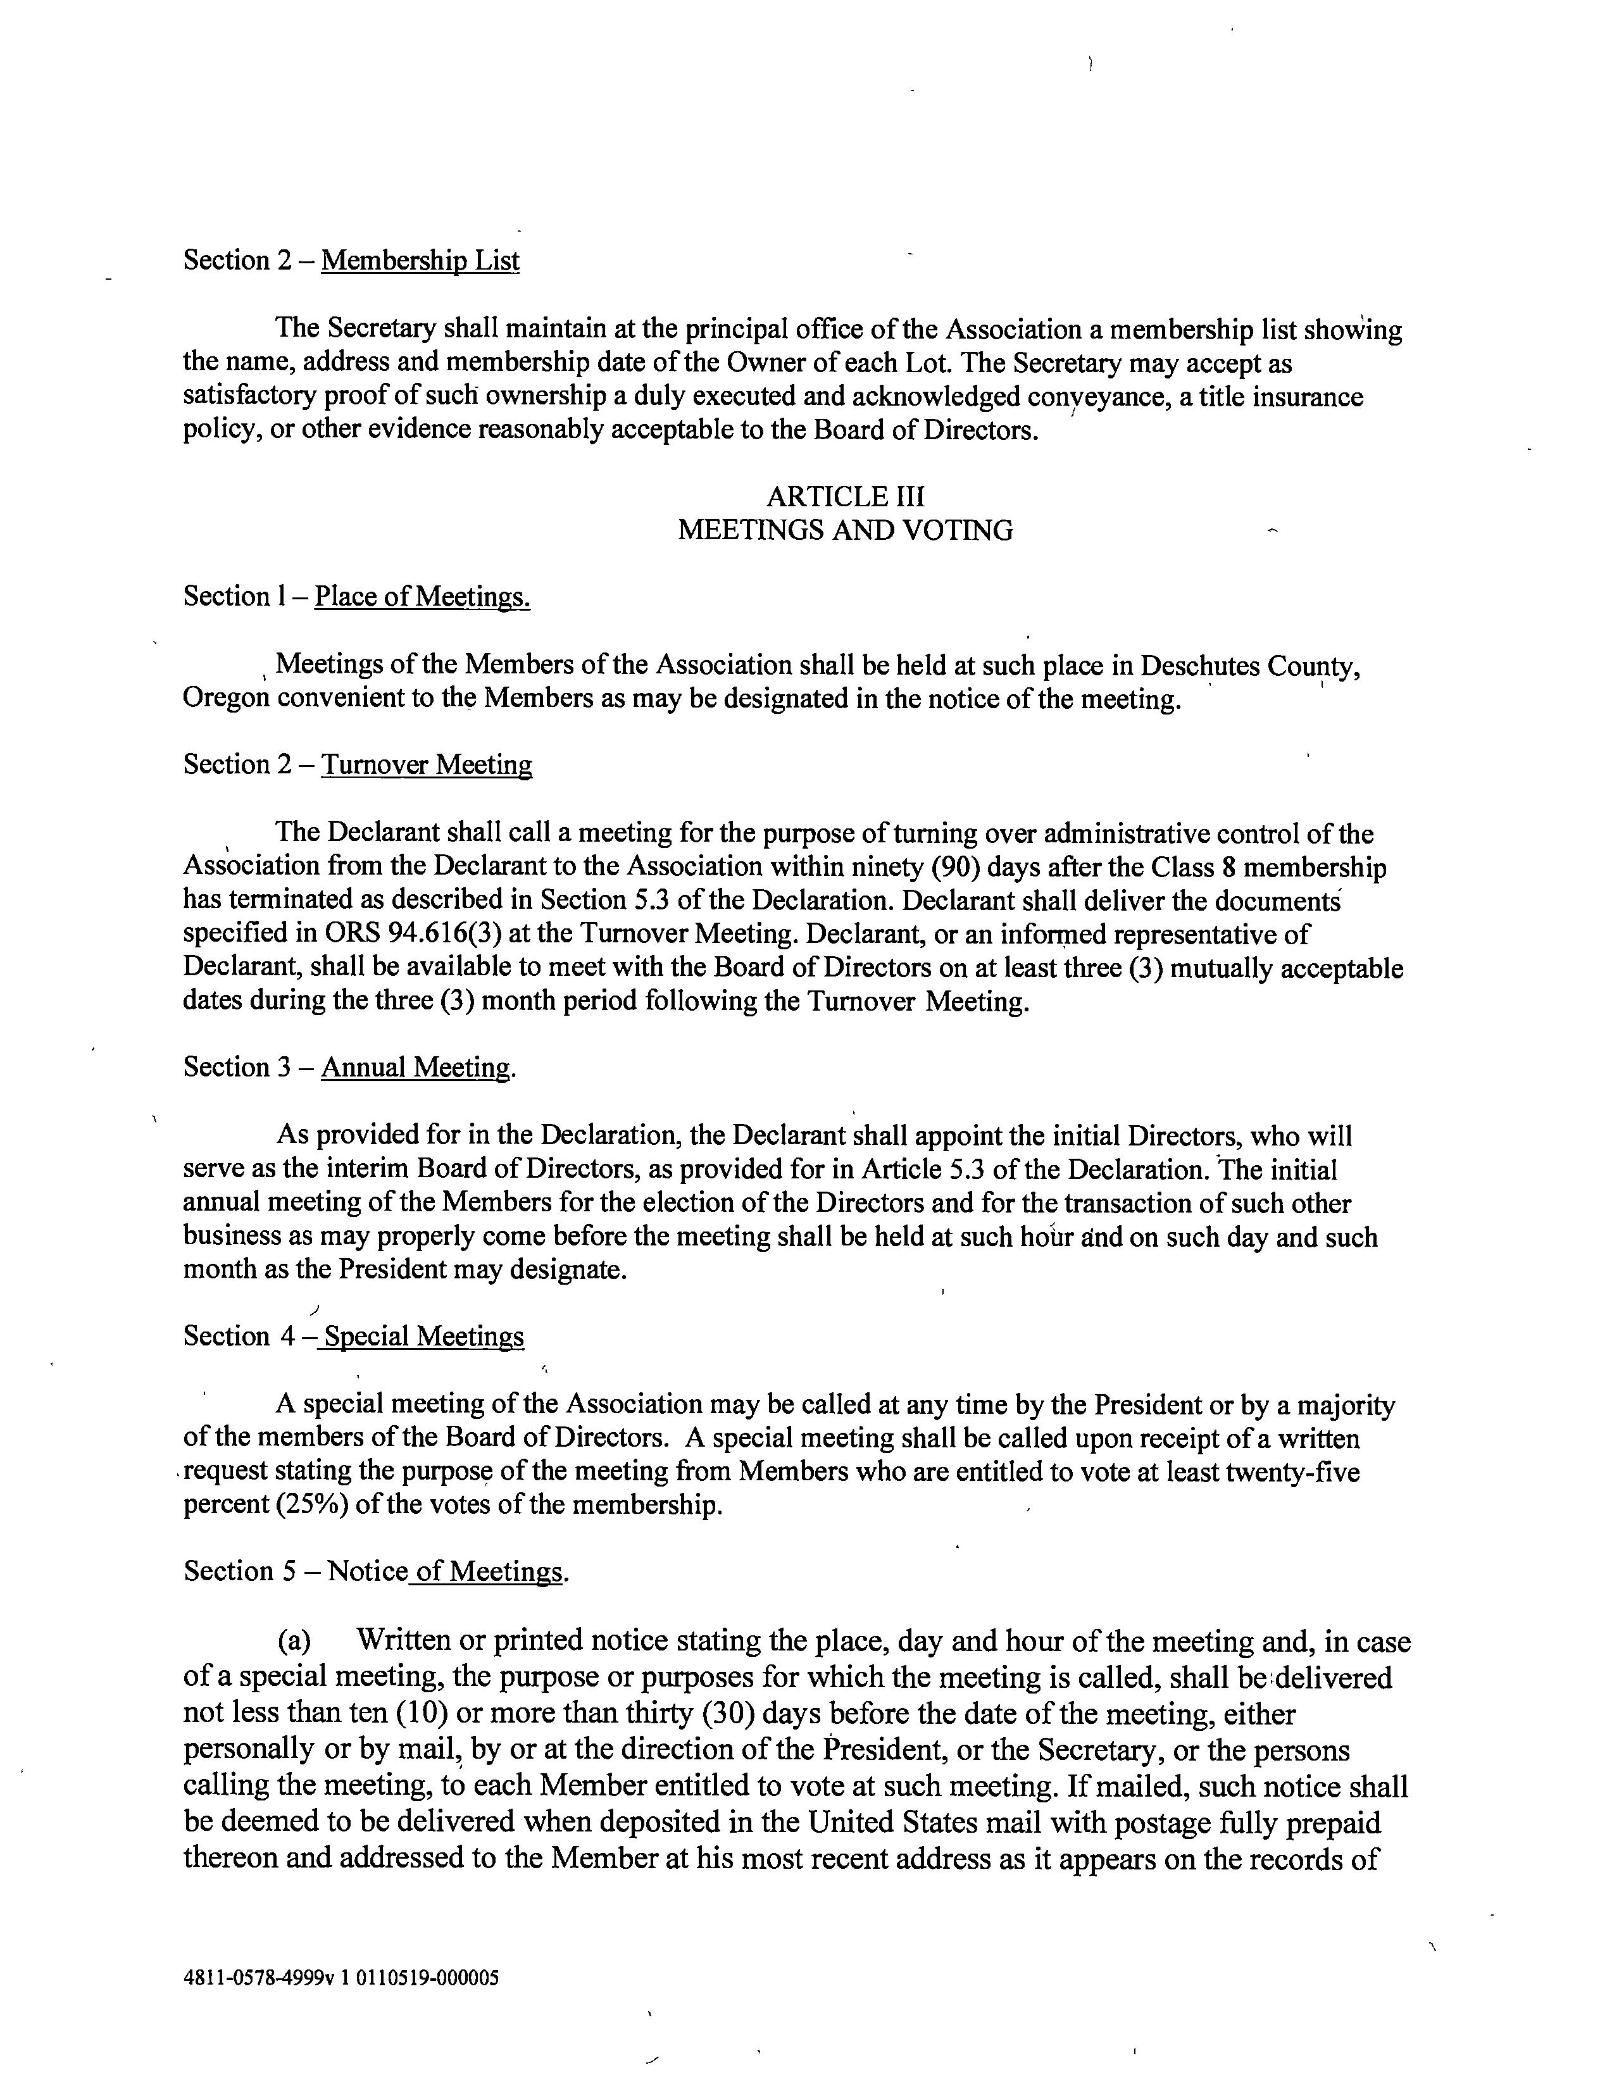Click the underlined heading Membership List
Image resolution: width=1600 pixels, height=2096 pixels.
click(420, 260)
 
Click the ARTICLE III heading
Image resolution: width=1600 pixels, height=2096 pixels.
click(845, 496)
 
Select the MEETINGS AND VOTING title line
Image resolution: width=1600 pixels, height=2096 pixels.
click(845, 530)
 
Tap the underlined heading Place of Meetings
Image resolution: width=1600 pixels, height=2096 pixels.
click(422, 596)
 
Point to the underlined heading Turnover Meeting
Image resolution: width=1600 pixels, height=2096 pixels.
click(426, 764)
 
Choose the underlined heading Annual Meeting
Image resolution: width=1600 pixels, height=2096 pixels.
click(415, 1068)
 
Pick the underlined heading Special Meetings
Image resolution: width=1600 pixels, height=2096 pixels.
click(423, 1337)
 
